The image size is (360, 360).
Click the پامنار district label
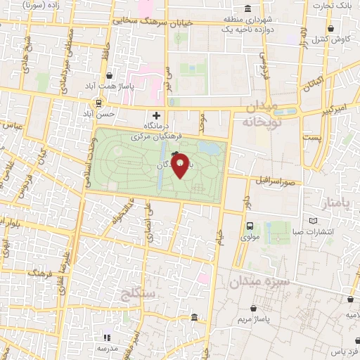pyautogui.click(x=335, y=205)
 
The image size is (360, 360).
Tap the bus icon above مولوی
pyautogui.click(x=250, y=226)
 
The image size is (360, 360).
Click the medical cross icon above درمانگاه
pyautogui.click(x=156, y=115)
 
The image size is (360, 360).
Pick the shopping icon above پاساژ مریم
pyautogui.click(x=252, y=307)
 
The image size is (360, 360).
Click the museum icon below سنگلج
pyautogui.click(x=193, y=320)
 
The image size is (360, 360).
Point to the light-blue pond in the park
pyautogui.click(x=209, y=148)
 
